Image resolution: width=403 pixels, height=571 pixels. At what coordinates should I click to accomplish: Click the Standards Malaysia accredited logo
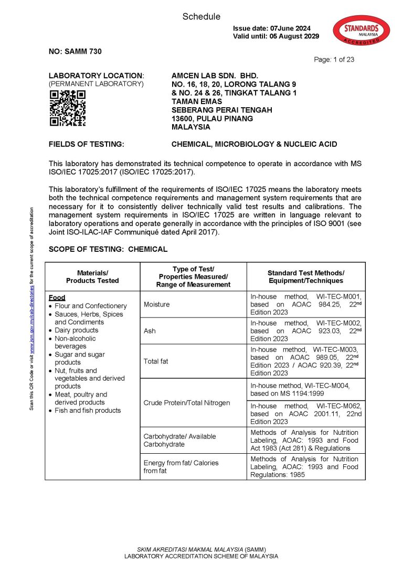pyautogui.click(x=362, y=30)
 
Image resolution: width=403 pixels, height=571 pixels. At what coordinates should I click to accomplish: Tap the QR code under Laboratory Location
pyautogui.click(x=67, y=108)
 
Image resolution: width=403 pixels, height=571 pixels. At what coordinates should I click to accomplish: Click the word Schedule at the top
pyautogui.click(x=201, y=17)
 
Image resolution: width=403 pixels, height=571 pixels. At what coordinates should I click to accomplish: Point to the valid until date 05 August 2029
pyautogui.click(x=276, y=36)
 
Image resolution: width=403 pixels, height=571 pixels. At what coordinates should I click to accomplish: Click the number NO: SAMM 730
pyautogui.click(x=75, y=52)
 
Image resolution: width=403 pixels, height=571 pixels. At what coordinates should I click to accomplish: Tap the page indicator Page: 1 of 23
pyautogui.click(x=334, y=59)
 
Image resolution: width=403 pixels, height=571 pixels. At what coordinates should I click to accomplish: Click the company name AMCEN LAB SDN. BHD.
pyautogui.click(x=215, y=76)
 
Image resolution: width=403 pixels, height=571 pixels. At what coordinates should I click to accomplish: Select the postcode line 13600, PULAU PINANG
pyautogui.click(x=213, y=118)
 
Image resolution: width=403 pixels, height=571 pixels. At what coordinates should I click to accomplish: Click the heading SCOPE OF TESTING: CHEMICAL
pyautogui.click(x=108, y=249)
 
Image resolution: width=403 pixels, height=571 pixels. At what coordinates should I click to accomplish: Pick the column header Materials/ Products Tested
pyautogui.click(x=92, y=277)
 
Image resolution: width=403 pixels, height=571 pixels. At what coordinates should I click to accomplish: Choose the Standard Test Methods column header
pyautogui.click(x=305, y=277)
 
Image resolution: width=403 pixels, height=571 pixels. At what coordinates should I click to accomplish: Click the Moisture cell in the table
pyautogui.click(x=157, y=304)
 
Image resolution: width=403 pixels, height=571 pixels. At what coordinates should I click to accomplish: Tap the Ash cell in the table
pyautogui.click(x=150, y=331)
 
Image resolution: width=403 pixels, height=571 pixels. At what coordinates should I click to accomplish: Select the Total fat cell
pyautogui.click(x=156, y=361)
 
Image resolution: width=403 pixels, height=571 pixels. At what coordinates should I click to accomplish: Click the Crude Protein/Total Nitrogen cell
pyautogui.click(x=186, y=403)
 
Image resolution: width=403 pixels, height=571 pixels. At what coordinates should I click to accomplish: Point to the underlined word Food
pyautogui.click(x=57, y=298)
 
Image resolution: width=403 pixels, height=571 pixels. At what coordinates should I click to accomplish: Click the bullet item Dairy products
pyautogui.click(x=76, y=330)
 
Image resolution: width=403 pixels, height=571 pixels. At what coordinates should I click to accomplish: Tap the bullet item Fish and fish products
pyautogui.click(x=88, y=411)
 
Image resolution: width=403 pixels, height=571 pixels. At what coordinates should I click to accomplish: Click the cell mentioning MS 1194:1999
pyautogui.click(x=306, y=389)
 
